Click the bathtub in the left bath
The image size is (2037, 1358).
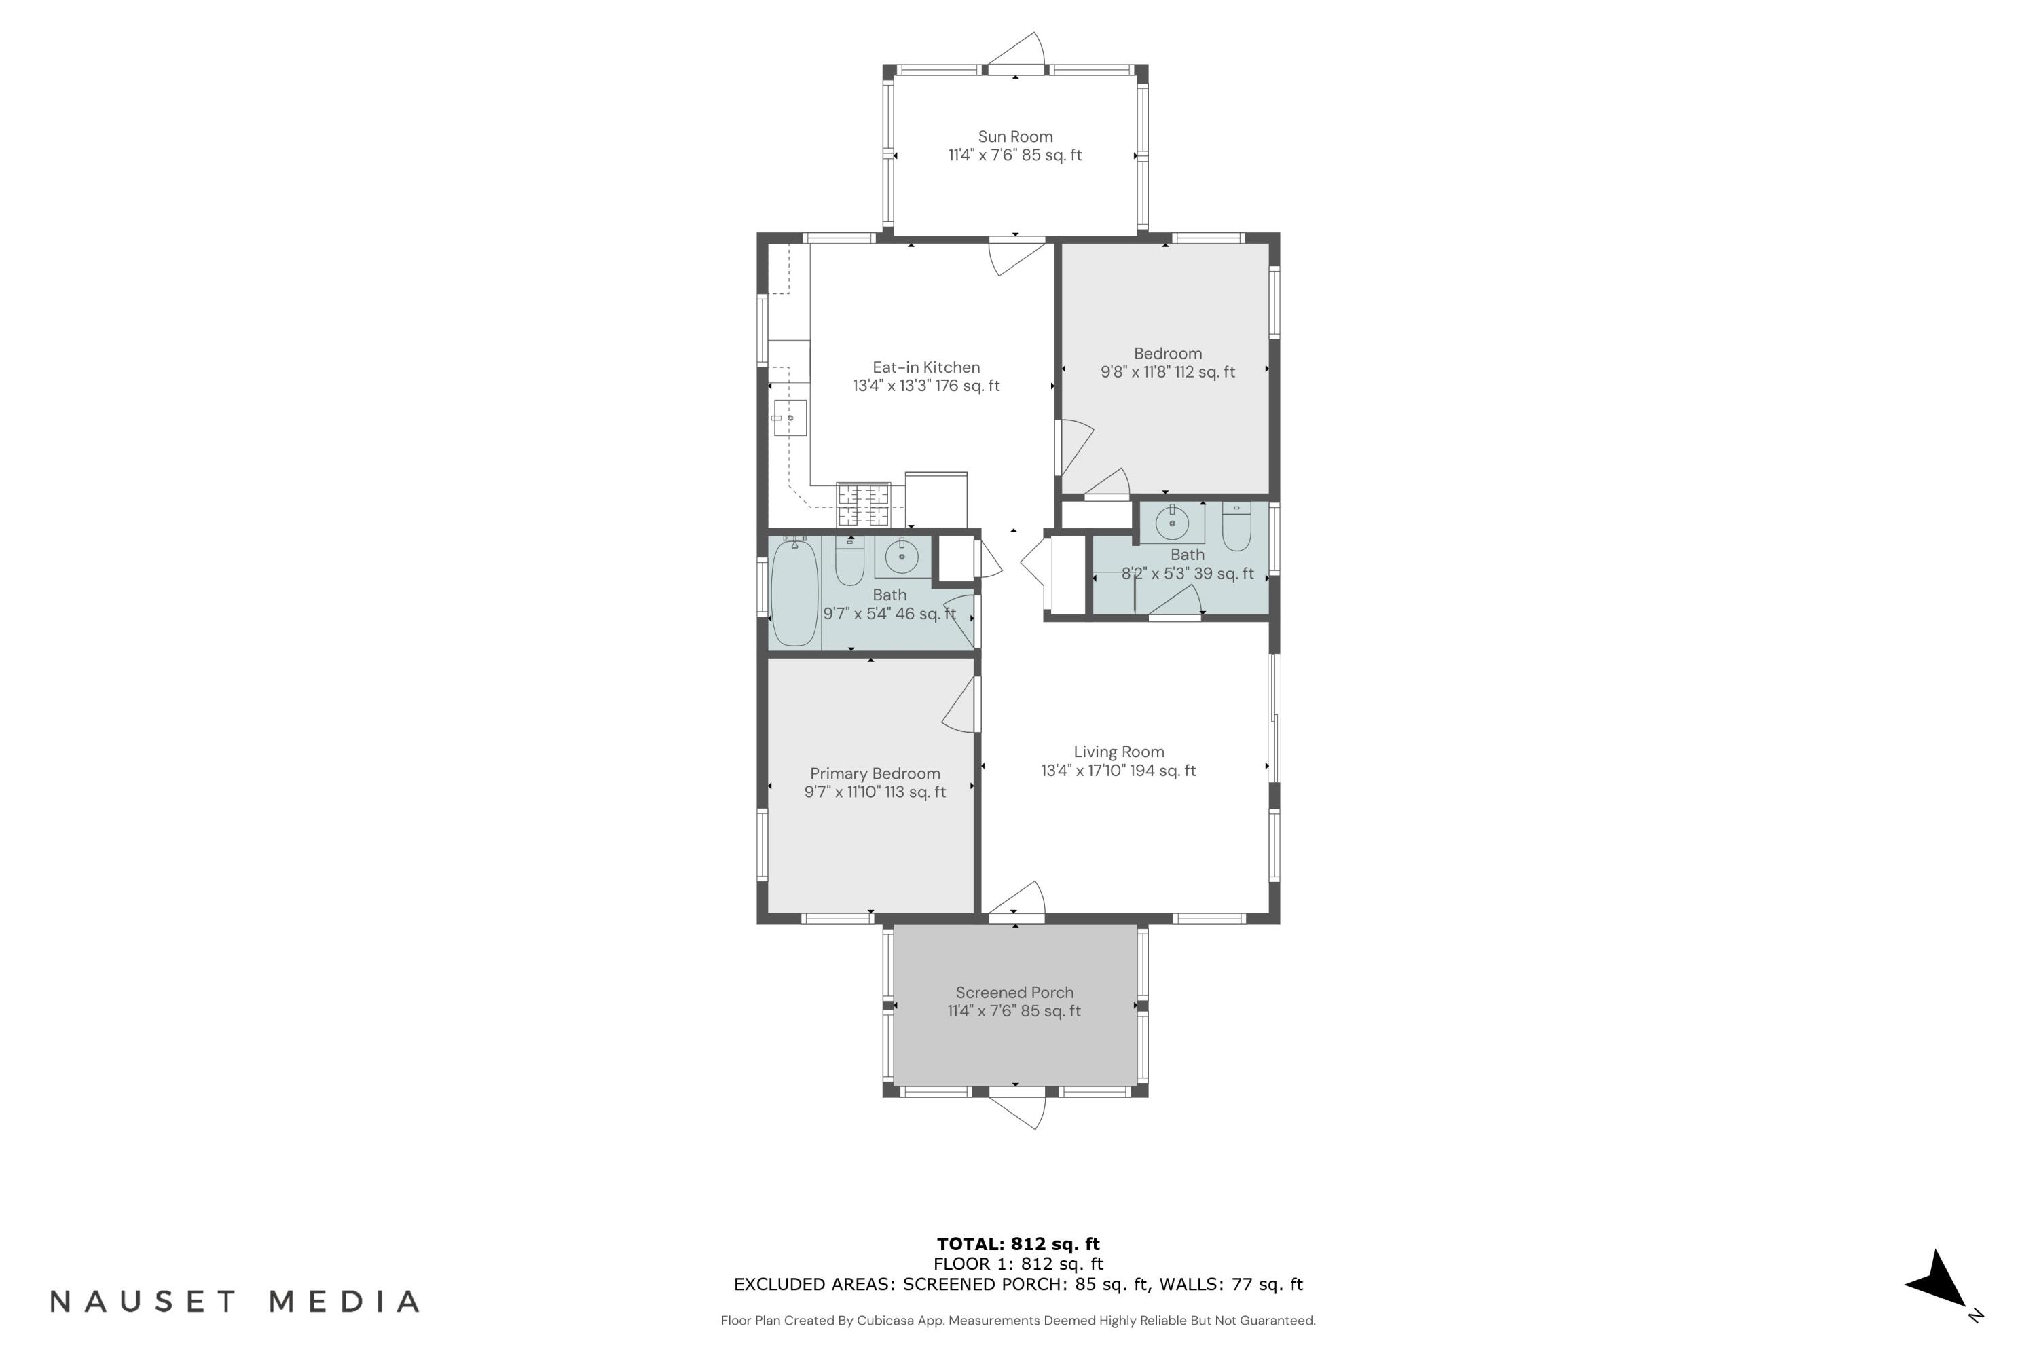click(x=794, y=593)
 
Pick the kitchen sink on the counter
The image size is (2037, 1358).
click(x=790, y=418)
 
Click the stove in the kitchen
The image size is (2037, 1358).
click(x=864, y=505)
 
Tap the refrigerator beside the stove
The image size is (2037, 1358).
click(x=936, y=500)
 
